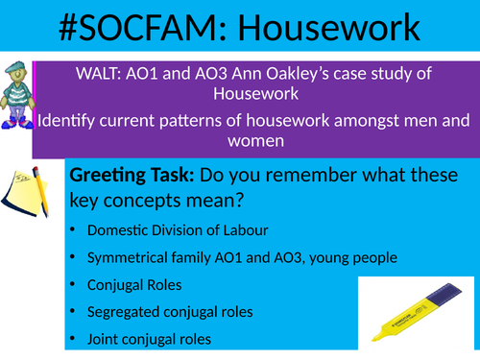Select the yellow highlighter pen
(414, 306)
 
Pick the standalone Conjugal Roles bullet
(131, 285)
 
